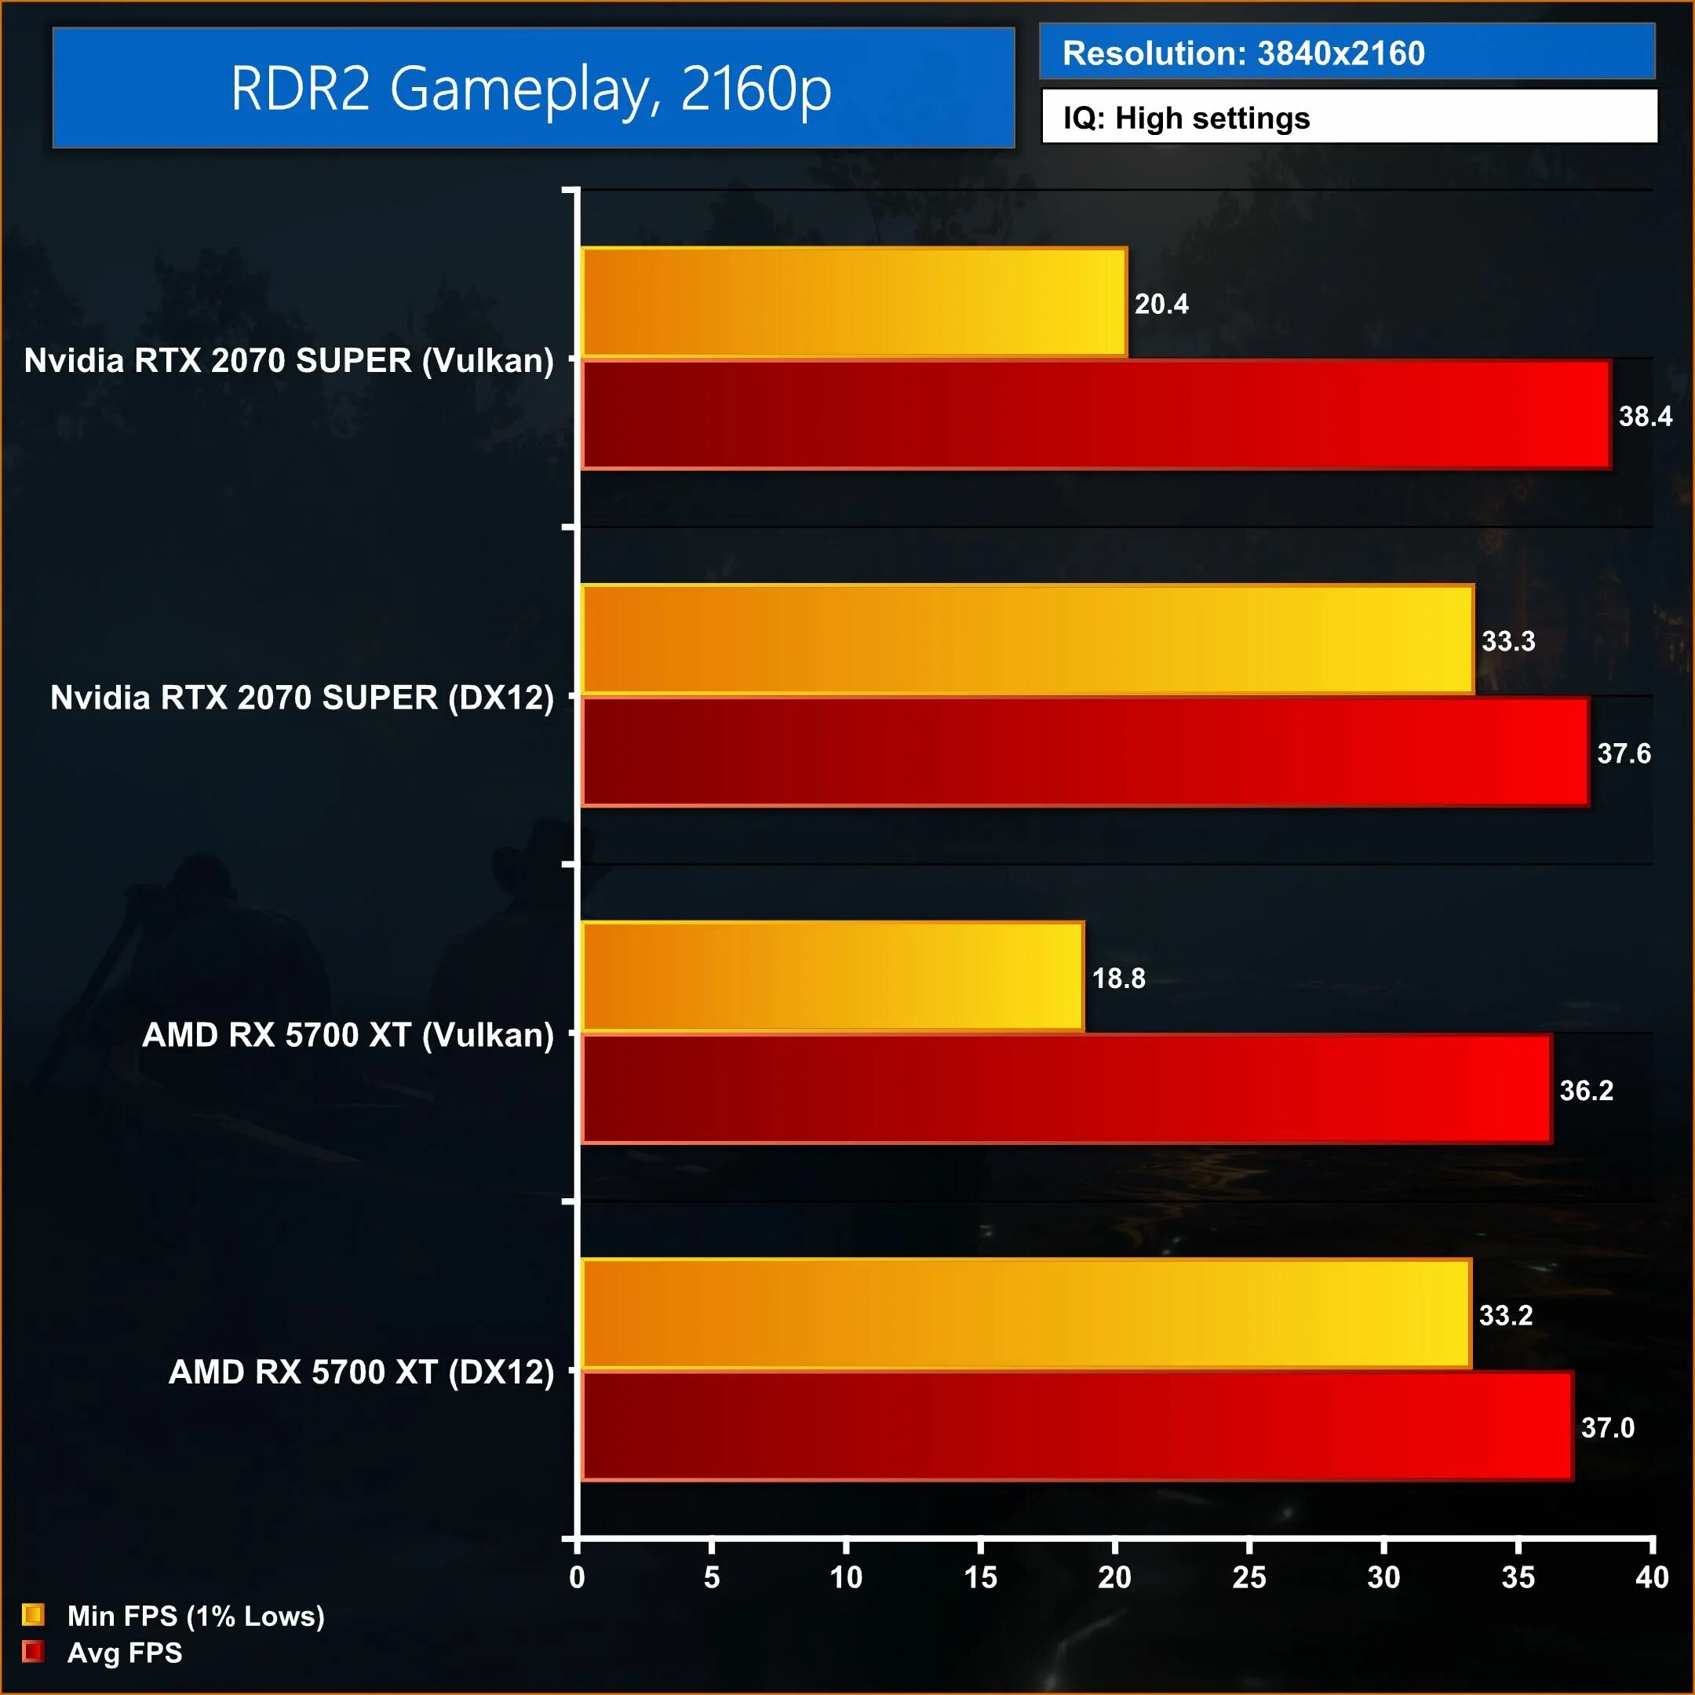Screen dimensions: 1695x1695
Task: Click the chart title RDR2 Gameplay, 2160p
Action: pyautogui.click(x=532, y=89)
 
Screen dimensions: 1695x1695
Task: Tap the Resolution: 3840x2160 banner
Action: pyautogui.click(x=1346, y=53)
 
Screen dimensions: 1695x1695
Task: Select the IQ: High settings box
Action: pyautogui.click(x=1347, y=118)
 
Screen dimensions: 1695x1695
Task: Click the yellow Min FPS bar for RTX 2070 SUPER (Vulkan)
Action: pyautogui.click(x=853, y=303)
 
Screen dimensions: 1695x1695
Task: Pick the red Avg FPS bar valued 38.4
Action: pyautogui.click(x=1095, y=415)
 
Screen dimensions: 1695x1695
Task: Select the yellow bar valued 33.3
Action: pyautogui.click(x=1026, y=640)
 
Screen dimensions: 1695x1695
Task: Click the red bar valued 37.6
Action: pyautogui.click(x=1084, y=752)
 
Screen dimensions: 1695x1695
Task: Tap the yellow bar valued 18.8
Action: pyautogui.click(x=832, y=976)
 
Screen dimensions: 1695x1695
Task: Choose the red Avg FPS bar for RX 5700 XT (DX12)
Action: pyautogui.click(x=1077, y=1426)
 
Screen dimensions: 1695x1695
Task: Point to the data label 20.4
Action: pyautogui.click(x=1161, y=304)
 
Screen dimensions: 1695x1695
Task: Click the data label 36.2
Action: pyautogui.click(x=1585, y=1091)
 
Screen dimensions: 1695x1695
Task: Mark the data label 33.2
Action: pyautogui.click(x=1506, y=1315)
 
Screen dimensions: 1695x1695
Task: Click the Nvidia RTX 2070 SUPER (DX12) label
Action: pyautogui.click(x=302, y=698)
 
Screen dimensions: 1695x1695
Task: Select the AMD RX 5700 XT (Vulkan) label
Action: pyautogui.click(x=348, y=1035)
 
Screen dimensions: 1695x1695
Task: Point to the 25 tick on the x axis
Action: pyautogui.click(x=1248, y=1577)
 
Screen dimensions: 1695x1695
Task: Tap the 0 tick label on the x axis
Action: pyautogui.click(x=577, y=1577)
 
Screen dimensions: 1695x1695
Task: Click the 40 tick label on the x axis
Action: pyautogui.click(x=1651, y=1577)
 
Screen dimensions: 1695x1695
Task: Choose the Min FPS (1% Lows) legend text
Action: pyautogui.click(x=195, y=1615)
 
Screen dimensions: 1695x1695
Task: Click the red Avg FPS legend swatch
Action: pyautogui.click(x=33, y=1652)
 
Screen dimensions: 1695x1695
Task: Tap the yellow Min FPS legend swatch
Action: pyautogui.click(x=33, y=1614)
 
